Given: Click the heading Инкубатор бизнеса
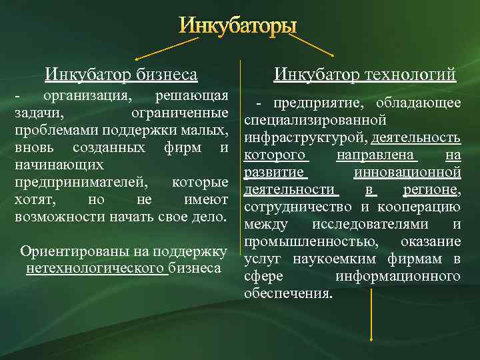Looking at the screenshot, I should [121, 73].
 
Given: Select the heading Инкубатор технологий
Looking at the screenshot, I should [365, 73].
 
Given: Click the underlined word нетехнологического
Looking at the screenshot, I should [95, 268].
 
